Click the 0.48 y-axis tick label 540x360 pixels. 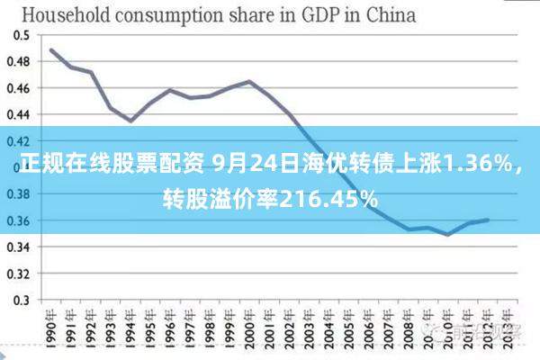pos(19,61)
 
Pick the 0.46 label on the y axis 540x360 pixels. pos(19,87)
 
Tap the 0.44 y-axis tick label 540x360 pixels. pos(19,114)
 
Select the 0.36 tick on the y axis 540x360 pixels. pos(19,220)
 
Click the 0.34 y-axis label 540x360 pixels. pos(19,247)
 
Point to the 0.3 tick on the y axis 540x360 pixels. pos(22,300)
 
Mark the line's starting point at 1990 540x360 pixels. pos(51,49)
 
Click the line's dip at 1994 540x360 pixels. pos(130,121)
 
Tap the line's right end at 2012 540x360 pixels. pos(488,220)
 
